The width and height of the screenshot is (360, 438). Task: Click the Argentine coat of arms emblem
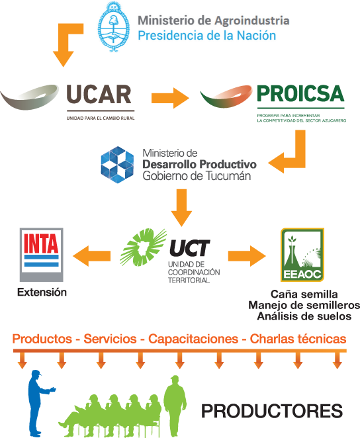pyautogui.click(x=113, y=27)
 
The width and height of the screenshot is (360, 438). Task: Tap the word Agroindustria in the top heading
pyautogui.click(x=252, y=21)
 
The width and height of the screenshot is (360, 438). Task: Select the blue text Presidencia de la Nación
pyautogui.click(x=207, y=36)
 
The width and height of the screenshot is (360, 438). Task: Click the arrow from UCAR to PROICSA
pyautogui.click(x=170, y=98)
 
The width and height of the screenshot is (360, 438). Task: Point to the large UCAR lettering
pyautogui.click(x=99, y=95)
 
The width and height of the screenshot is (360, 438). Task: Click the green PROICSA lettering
pyautogui.click(x=300, y=94)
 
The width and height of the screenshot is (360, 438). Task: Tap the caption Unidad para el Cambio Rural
pyautogui.click(x=101, y=118)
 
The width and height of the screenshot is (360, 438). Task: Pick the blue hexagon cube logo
pyautogui.click(x=117, y=165)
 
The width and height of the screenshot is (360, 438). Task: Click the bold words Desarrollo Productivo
pyautogui.click(x=199, y=165)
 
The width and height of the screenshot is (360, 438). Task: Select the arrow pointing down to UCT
pyautogui.click(x=181, y=208)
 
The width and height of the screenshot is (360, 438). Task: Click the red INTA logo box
pyautogui.click(x=41, y=255)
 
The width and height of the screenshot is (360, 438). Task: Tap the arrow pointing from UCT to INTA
pyautogui.click(x=91, y=256)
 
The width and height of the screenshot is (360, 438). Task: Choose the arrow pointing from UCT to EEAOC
pyautogui.click(x=247, y=256)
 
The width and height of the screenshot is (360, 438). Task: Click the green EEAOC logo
pyautogui.click(x=302, y=255)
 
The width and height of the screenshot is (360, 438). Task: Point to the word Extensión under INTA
pyautogui.click(x=42, y=292)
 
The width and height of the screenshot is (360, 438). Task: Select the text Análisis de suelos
pyautogui.click(x=304, y=316)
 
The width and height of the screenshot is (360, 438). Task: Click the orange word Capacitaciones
pyautogui.click(x=193, y=339)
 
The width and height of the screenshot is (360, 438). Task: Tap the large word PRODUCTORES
pyautogui.click(x=272, y=411)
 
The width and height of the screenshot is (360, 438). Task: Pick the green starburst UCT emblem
pyautogui.click(x=143, y=247)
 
